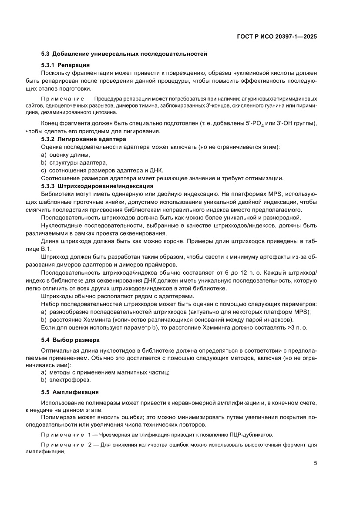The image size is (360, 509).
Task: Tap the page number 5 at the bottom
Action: point(315,463)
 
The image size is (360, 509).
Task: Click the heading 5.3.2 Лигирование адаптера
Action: point(83,139)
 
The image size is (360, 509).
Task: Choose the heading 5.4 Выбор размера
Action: point(71,339)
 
